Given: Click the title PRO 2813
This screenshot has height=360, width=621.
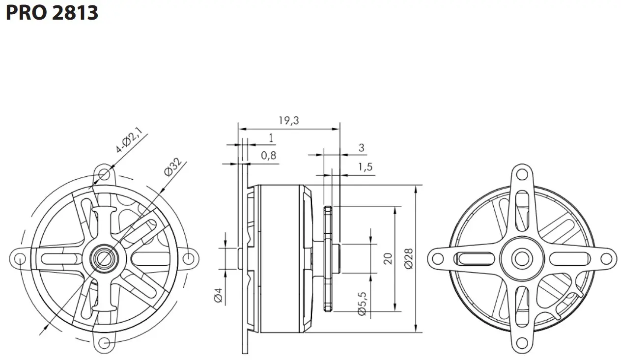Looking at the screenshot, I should tap(52, 13).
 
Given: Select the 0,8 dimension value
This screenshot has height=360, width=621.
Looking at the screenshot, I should tap(268, 156).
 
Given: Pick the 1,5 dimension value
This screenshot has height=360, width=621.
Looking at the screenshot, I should tap(365, 167).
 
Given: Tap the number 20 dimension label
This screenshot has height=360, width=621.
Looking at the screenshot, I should tap(388, 258).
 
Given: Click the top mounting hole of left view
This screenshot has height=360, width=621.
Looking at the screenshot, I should tap(104, 174).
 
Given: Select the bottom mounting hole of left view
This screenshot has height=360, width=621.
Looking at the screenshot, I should tap(104, 342).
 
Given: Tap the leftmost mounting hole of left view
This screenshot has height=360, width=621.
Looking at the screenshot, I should tap(20, 258).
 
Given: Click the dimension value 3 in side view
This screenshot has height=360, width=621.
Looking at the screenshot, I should tap(361, 147).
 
